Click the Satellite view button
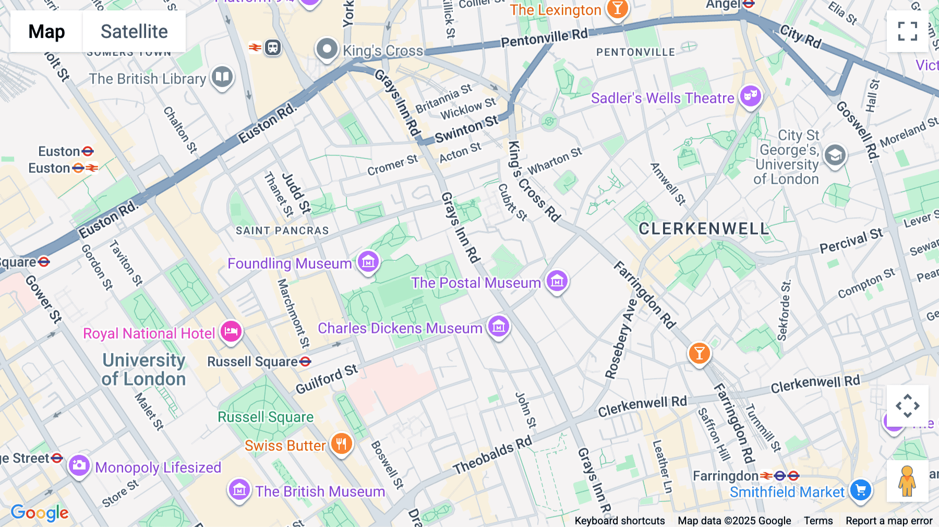click(134, 32)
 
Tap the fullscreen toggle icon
click(907, 31)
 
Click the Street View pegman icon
click(907, 481)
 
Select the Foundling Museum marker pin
click(368, 261)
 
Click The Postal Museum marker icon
click(557, 281)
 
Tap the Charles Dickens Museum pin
click(498, 327)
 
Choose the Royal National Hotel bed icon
click(231, 331)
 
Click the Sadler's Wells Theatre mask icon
click(751, 95)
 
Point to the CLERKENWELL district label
click(704, 229)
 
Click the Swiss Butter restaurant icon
click(342, 444)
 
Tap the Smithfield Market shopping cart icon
click(861, 490)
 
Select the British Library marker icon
click(222, 77)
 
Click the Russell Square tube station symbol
click(306, 361)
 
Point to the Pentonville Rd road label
click(544, 38)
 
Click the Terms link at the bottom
click(818, 520)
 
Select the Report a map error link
click(889, 520)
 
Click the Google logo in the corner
click(40, 512)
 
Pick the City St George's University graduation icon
click(835, 155)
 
